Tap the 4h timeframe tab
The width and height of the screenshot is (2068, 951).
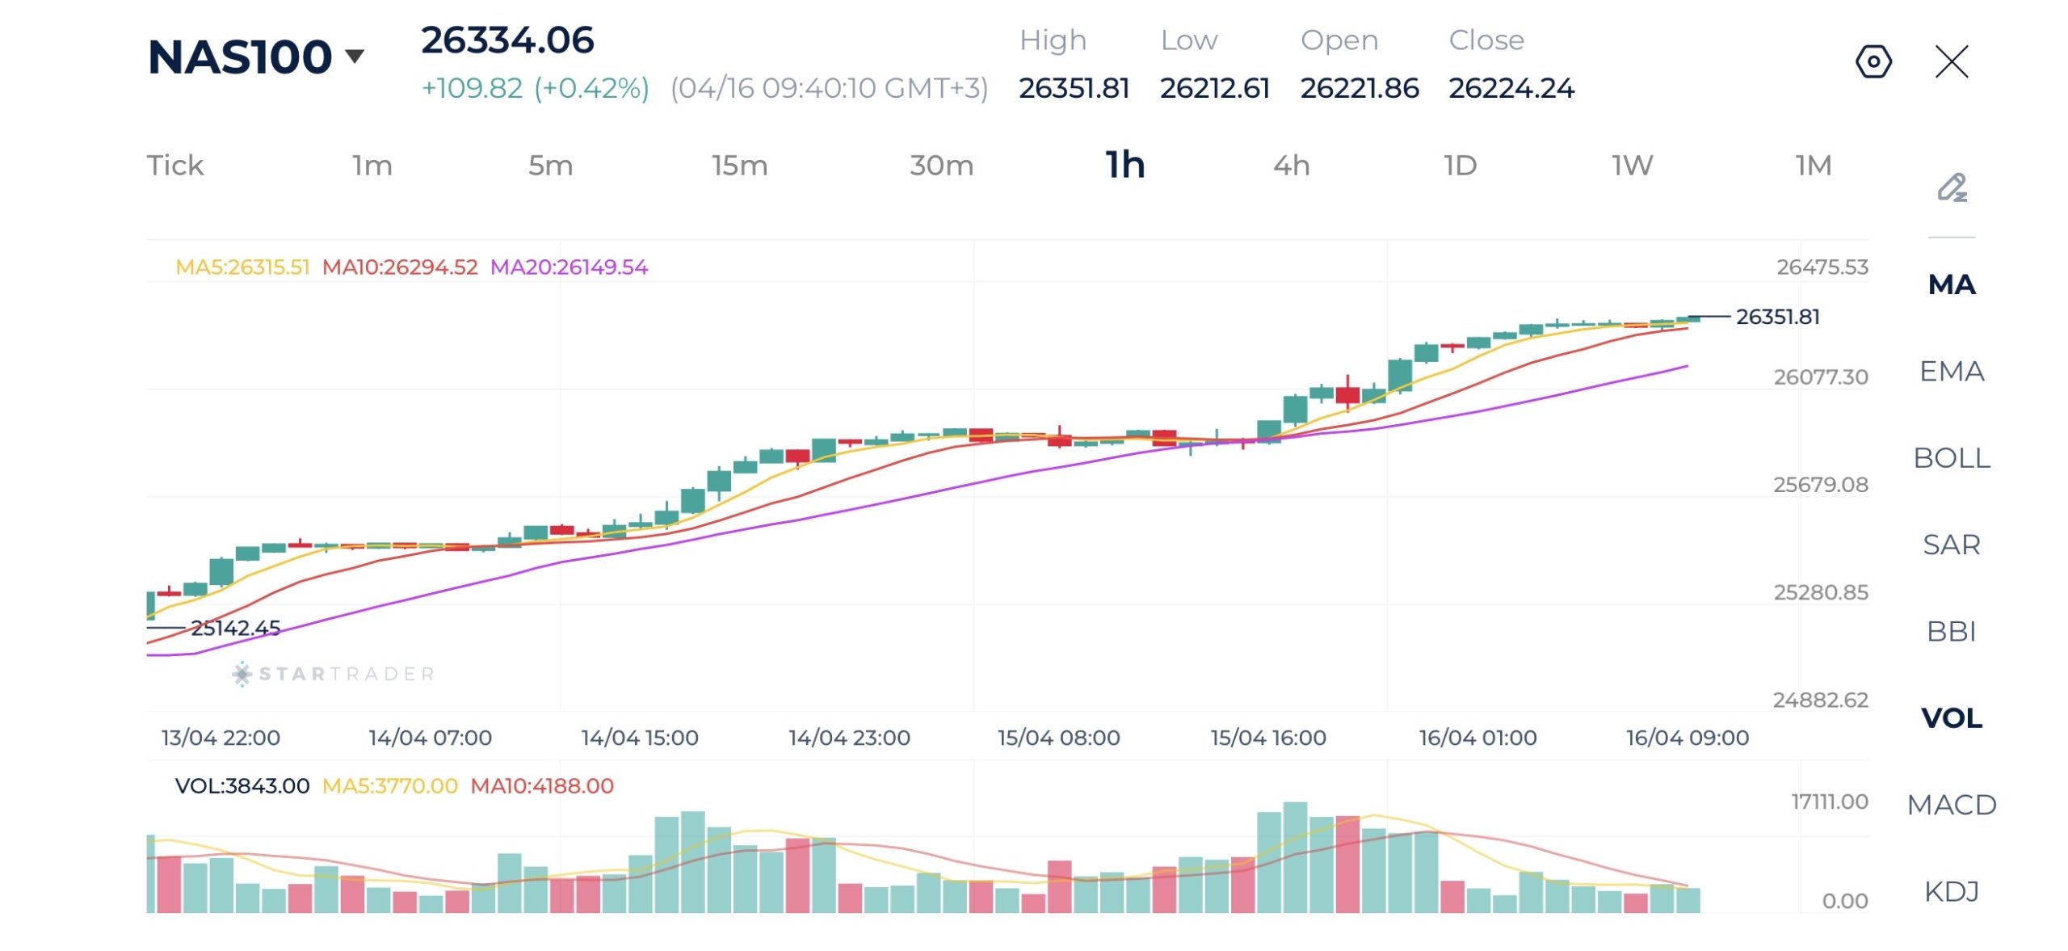tap(1291, 166)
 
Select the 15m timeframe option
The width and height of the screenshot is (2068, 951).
tap(739, 166)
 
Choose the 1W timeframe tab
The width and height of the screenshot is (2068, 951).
tap(1632, 166)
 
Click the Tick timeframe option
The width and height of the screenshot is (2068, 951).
tap(175, 166)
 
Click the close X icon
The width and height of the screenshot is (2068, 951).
tap(1952, 61)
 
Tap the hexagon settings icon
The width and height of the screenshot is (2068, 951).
tap(1873, 61)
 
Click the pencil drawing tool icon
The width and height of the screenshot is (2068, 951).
tap(1952, 187)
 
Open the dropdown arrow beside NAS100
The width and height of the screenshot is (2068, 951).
tap(355, 56)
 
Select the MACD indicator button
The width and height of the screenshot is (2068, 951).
tap(1951, 805)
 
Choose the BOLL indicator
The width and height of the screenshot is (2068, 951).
tap(1951, 458)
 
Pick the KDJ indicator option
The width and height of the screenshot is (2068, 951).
tap(1951, 891)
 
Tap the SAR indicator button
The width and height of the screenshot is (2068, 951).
tap(1951, 545)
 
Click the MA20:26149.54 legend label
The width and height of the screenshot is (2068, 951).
tap(569, 267)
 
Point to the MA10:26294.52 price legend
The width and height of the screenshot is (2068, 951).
tap(400, 267)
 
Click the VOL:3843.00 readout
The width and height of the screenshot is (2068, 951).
tap(242, 785)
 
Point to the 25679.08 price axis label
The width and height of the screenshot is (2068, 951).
tap(1820, 485)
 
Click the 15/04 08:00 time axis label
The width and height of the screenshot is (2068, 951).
tap(1058, 738)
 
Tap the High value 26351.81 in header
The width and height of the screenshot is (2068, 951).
tap(1074, 88)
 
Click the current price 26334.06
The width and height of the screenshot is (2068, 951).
tap(507, 40)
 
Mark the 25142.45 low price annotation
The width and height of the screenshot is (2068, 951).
tap(235, 628)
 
